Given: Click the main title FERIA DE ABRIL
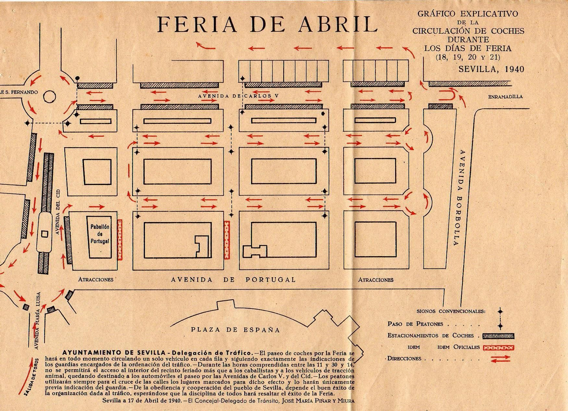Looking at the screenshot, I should click(x=267, y=24).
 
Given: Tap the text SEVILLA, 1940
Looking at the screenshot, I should click(x=491, y=69).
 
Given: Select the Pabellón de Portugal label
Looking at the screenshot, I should click(x=100, y=234).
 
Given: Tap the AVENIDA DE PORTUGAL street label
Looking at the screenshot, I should click(x=233, y=279).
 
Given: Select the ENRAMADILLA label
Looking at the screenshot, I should click(x=505, y=96).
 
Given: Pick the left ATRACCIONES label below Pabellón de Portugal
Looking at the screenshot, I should click(x=96, y=279).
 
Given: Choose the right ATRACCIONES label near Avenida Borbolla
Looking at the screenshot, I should click(x=376, y=280).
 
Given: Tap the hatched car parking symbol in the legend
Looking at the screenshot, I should click(x=498, y=336).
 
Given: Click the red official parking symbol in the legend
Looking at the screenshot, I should click(x=498, y=348).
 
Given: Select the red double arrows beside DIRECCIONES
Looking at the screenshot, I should click(x=500, y=359).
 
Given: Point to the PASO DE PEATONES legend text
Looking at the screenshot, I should click(x=415, y=324).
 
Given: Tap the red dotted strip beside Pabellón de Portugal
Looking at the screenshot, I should click(x=120, y=239).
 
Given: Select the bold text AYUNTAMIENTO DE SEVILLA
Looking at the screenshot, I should click(x=114, y=353).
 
